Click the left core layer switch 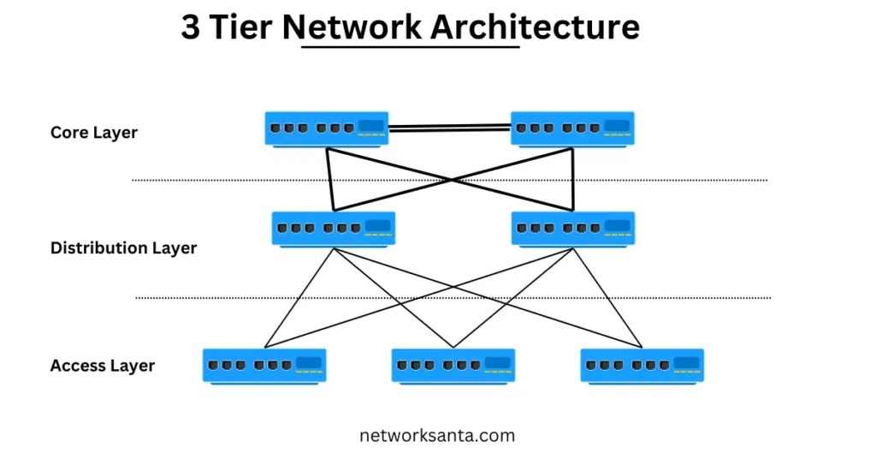(x=326, y=128)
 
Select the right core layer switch (x=572, y=128)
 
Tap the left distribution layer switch (x=334, y=229)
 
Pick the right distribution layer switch (x=573, y=229)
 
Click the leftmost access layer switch (x=264, y=365)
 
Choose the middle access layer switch (x=453, y=365)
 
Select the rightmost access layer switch (x=642, y=365)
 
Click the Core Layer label (x=94, y=133)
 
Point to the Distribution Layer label (x=123, y=248)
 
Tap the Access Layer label (x=103, y=366)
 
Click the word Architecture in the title (x=535, y=27)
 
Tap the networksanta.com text (x=437, y=435)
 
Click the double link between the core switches (x=449, y=128)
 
